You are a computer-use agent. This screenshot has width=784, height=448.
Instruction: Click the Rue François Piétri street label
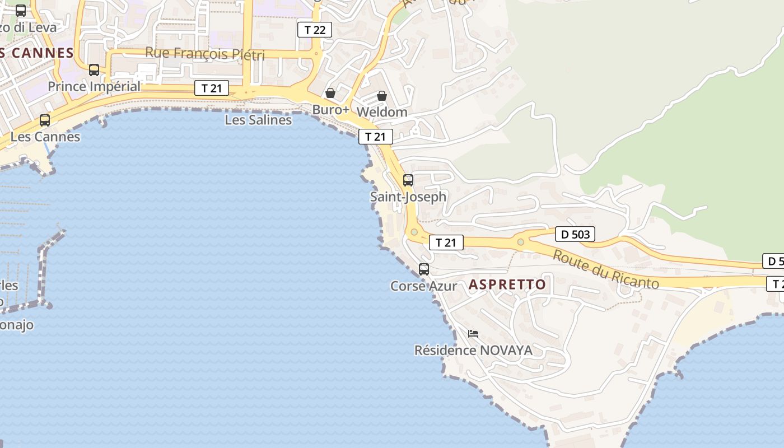pos(204,53)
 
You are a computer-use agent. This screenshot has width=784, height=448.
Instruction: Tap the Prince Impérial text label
pos(94,87)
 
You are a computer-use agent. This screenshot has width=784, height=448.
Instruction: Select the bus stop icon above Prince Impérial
pos(94,70)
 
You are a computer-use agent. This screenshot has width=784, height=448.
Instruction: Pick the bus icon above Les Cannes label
pos(45,120)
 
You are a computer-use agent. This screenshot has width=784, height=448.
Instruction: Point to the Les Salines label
pos(258,120)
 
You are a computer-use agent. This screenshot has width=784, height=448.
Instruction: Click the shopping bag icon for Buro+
pos(330,93)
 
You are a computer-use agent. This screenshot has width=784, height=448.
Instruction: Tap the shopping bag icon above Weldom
pos(382,96)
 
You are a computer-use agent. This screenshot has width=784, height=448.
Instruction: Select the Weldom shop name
pos(381,112)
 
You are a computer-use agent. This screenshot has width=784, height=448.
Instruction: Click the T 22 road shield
pos(314,30)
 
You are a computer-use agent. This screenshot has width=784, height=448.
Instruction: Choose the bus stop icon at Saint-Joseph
pos(408,180)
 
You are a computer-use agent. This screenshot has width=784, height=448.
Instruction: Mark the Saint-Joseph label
pos(408,197)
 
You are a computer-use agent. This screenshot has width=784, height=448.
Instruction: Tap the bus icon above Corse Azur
pos(424,269)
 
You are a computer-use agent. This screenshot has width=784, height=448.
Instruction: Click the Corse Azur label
pos(423,286)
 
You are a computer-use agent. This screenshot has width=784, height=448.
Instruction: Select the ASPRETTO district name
pos(507,284)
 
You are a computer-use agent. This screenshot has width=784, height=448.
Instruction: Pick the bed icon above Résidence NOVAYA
pos(473,334)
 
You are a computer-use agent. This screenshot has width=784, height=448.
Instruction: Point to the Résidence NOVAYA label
pos(473,351)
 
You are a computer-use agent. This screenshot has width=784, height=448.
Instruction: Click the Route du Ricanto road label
pos(606,269)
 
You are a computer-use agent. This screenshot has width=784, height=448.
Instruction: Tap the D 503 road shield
pos(575,234)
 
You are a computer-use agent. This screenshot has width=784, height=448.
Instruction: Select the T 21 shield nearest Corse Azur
pos(446,242)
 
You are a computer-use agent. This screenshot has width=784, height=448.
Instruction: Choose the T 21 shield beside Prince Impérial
pos(212,88)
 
